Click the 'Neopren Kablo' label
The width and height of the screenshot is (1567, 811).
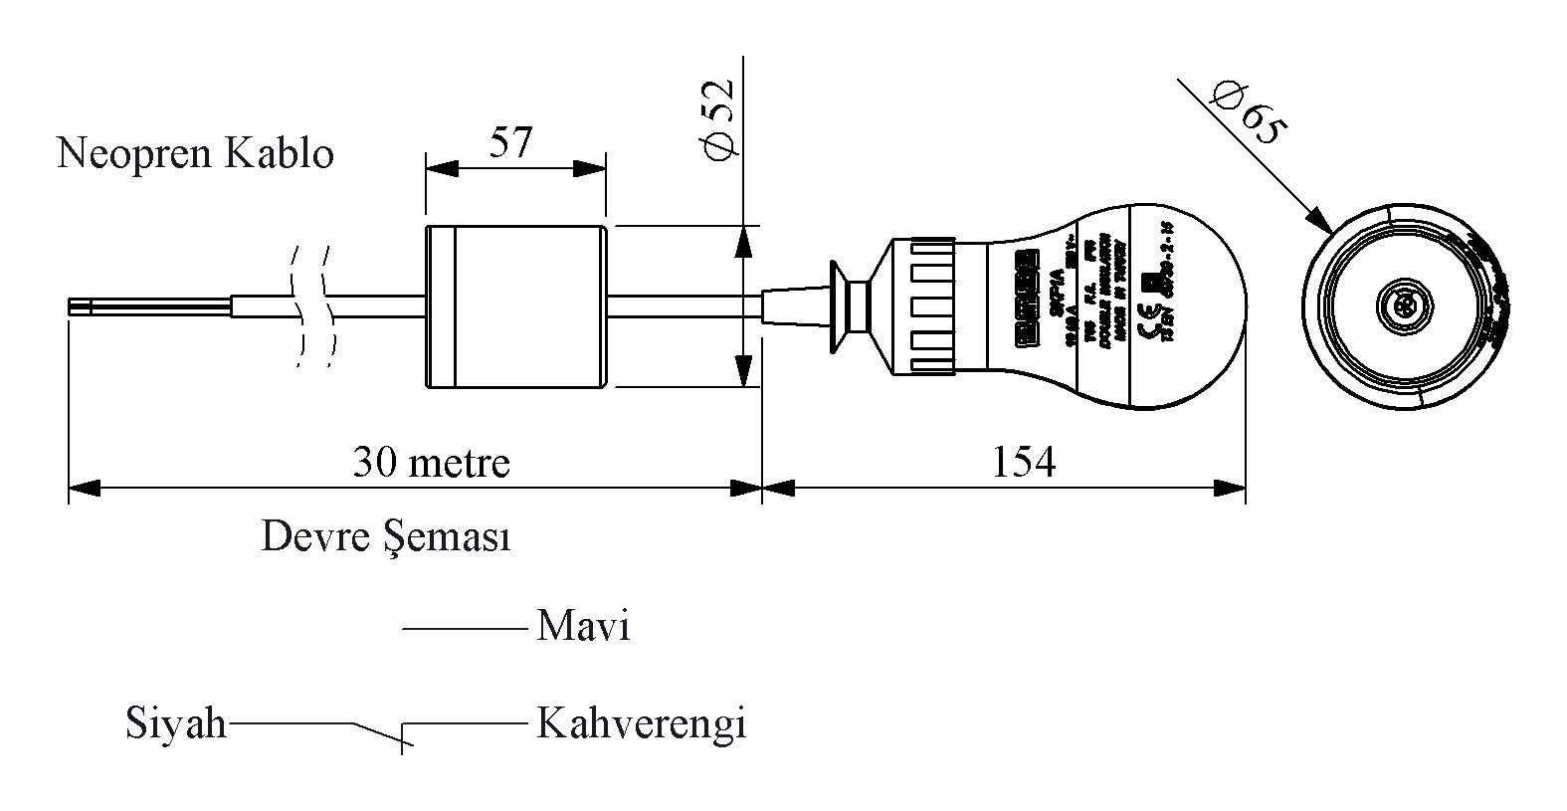pos(195,154)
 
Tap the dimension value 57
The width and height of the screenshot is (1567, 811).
pos(511,142)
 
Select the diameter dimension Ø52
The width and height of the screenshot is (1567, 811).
pos(718,117)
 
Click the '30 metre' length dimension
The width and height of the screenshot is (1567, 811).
pos(431,463)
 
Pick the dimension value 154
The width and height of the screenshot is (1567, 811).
pos(1023,463)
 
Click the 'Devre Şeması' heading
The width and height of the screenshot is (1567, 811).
pos(386,537)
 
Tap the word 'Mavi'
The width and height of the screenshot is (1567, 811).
pos(583,627)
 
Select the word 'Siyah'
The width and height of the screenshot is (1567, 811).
pos(176,723)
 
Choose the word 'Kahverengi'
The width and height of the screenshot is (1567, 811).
pos(641,723)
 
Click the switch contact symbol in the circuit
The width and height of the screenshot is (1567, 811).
pos(383,732)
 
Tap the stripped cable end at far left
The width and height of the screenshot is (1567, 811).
pos(80,306)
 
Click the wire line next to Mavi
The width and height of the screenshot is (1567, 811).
pos(464,628)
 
